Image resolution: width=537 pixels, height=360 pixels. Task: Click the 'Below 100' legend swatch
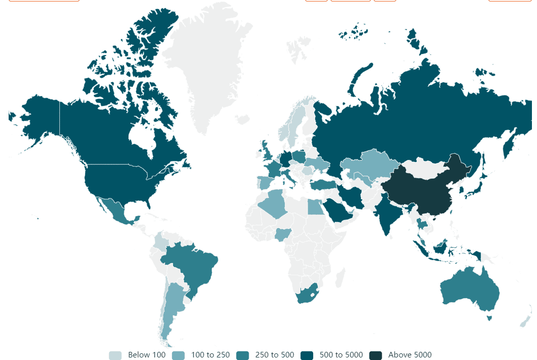tap(115, 355)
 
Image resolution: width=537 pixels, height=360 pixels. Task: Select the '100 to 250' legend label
tap(210, 355)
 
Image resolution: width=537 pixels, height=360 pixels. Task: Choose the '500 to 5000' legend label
tap(341, 355)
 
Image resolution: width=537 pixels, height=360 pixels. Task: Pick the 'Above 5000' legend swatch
tap(376, 355)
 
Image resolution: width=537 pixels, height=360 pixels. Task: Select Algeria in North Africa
tap(277, 203)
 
